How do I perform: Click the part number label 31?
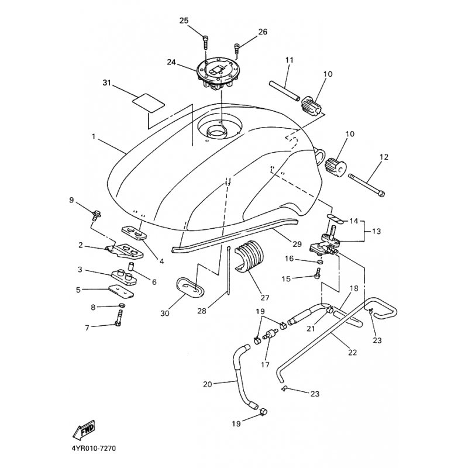(106, 84)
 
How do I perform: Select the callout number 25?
(184, 21)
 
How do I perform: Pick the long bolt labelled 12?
(366, 185)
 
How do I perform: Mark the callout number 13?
(376, 231)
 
